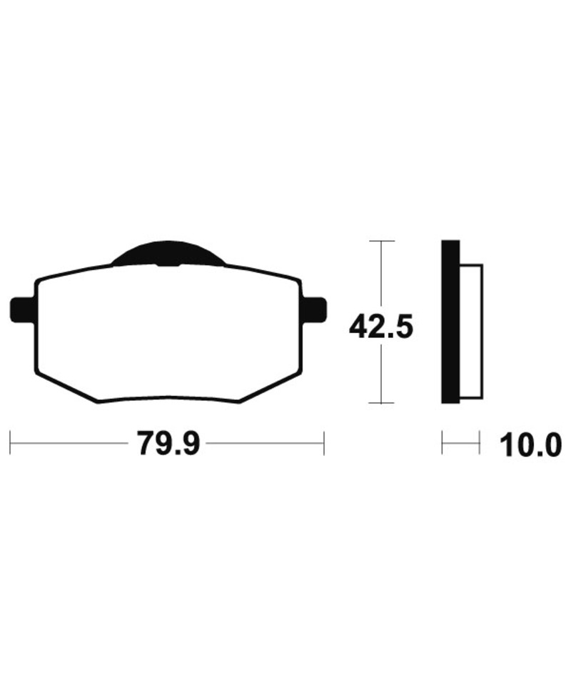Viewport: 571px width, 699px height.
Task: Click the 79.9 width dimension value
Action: (169, 443)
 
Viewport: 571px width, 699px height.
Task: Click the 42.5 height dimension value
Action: (381, 327)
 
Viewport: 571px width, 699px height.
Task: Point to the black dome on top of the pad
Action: (168, 254)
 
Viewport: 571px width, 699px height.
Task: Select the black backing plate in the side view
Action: (450, 322)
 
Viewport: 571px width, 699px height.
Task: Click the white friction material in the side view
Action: (471, 331)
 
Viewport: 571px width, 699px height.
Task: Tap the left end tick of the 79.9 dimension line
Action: (10, 443)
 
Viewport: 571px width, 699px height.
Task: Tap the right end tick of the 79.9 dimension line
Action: (324, 443)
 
